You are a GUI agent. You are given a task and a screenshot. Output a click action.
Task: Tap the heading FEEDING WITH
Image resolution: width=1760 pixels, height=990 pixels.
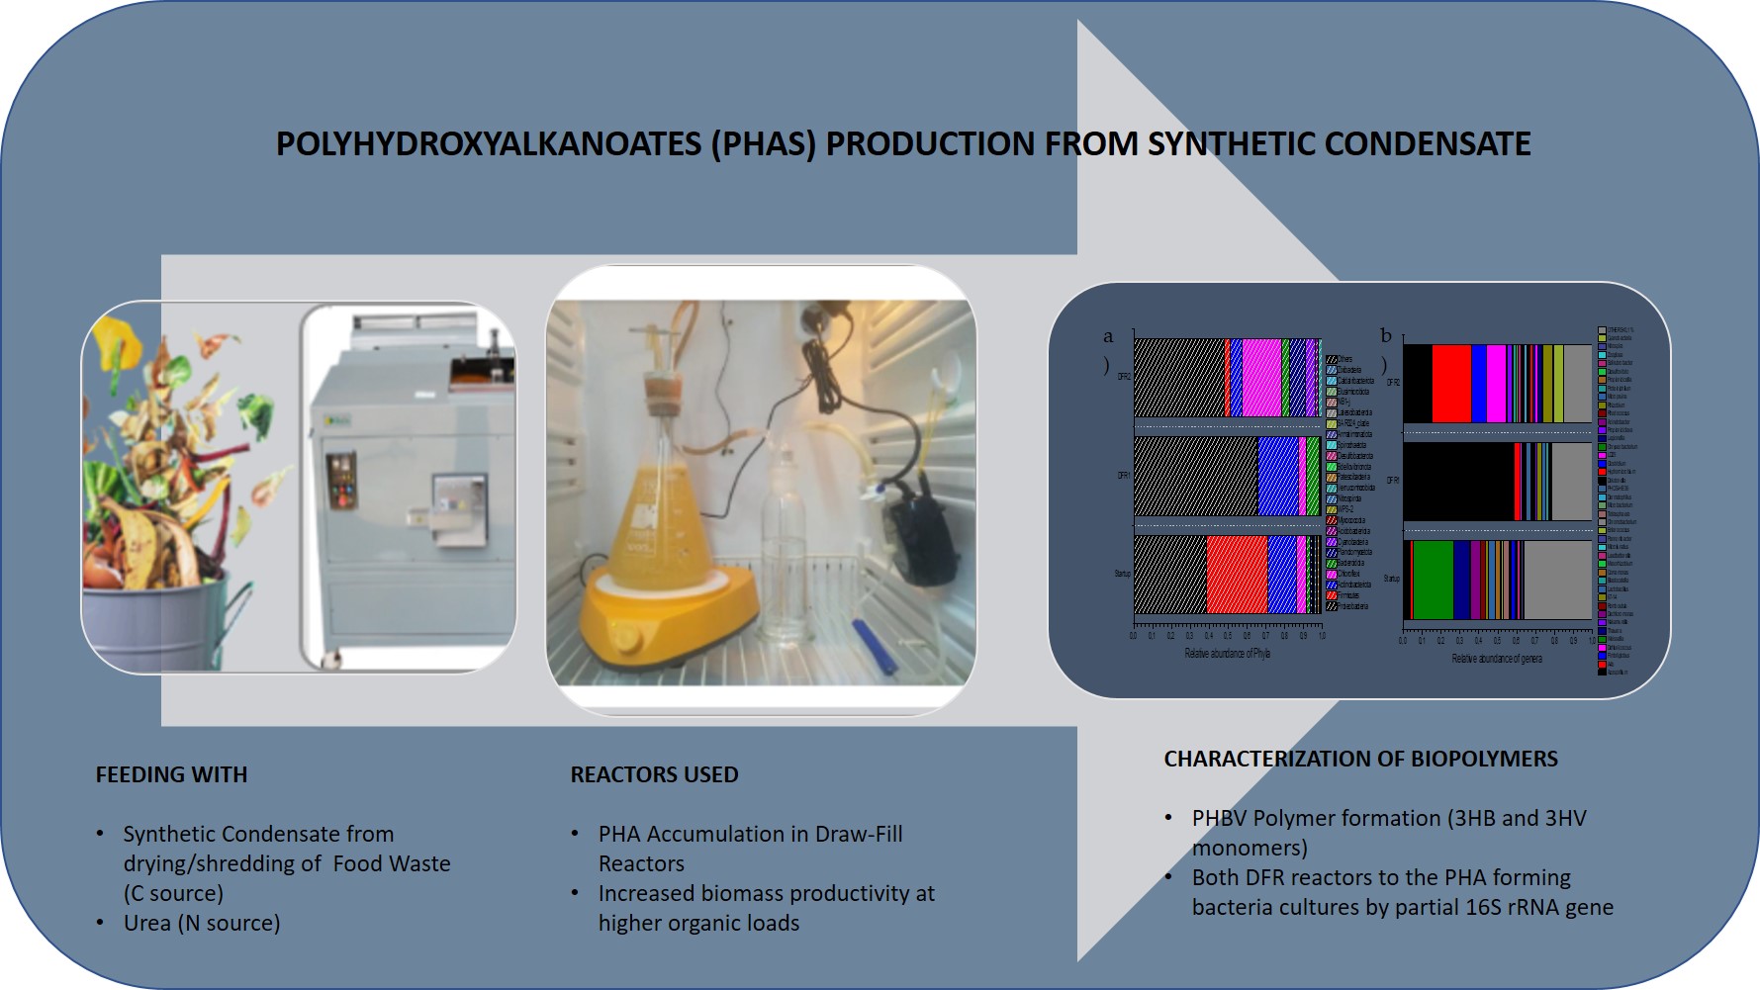pyautogui.click(x=171, y=774)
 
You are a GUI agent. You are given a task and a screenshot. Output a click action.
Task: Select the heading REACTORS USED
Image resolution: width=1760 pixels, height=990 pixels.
pyautogui.click(x=654, y=774)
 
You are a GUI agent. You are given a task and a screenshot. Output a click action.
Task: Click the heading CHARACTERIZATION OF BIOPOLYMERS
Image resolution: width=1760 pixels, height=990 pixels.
pyautogui.click(x=1360, y=759)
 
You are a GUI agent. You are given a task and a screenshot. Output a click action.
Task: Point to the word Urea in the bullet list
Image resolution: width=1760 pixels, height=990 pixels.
pyautogui.click(x=147, y=923)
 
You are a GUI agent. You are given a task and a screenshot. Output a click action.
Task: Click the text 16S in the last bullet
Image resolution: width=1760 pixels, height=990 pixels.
pyautogui.click(x=1468, y=907)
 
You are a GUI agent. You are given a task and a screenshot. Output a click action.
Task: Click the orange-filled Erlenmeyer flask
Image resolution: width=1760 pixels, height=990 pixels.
pyautogui.click(x=649, y=524)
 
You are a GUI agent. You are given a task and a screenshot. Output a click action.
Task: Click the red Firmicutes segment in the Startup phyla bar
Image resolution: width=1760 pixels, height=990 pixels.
pyautogui.click(x=1237, y=575)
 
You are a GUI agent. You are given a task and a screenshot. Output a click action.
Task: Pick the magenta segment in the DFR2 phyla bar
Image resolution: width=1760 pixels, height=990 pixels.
pyautogui.click(x=1261, y=377)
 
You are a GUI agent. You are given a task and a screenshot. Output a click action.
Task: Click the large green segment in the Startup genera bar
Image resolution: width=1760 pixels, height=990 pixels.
pyautogui.click(x=1433, y=580)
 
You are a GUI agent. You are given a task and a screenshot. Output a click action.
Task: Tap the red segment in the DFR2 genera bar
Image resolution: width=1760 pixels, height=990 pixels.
pyautogui.click(x=1451, y=384)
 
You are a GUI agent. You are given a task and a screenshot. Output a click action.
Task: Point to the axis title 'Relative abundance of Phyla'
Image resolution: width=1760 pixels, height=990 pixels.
pyautogui.click(x=1227, y=654)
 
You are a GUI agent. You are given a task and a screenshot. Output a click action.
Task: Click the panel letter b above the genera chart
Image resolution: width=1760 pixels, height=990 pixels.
pyautogui.click(x=1385, y=336)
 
